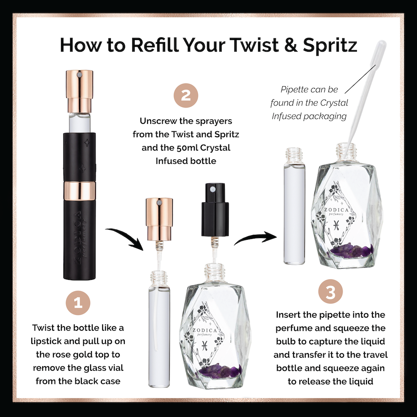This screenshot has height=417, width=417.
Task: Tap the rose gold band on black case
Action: tap(79, 191)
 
